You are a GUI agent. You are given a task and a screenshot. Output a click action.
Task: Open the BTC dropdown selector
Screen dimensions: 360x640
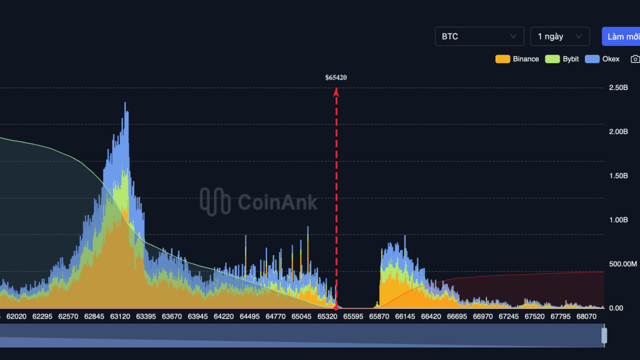tap(479, 36)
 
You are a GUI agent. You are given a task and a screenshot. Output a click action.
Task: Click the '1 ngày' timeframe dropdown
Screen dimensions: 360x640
tap(559, 36)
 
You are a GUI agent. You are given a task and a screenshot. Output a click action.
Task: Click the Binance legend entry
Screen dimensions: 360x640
tap(517, 59)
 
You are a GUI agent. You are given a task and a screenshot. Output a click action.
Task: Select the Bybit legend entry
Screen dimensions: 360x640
tap(562, 59)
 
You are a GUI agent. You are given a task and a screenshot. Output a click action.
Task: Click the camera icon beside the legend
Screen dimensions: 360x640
tap(635, 59)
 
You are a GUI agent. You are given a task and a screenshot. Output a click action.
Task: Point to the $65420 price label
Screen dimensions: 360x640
tap(336, 77)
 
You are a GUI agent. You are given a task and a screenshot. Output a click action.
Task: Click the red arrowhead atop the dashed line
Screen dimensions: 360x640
tap(336, 91)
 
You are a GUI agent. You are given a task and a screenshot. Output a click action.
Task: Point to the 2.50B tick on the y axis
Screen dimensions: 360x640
tap(618, 87)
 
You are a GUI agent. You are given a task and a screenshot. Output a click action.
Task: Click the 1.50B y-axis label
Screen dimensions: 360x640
tap(618, 175)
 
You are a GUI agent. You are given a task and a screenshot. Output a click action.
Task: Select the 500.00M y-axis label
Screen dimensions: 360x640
tap(622, 264)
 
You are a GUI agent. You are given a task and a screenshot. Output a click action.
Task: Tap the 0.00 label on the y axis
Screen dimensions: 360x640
tap(616, 308)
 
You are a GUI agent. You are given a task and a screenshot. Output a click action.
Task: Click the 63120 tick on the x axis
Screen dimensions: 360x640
tap(120, 316)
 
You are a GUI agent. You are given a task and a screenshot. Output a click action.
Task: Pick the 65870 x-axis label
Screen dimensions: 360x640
tap(379, 316)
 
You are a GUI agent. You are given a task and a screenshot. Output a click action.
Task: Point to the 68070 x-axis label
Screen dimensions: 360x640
tap(586, 316)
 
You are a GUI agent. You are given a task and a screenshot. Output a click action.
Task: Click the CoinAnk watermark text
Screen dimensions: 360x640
tap(277, 202)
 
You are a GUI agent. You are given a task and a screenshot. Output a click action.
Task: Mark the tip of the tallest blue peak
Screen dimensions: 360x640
tap(125, 103)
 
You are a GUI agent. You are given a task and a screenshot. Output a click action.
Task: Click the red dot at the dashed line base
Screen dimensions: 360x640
tap(336, 308)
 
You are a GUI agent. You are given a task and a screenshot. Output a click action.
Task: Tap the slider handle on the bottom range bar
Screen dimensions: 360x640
tap(604, 335)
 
